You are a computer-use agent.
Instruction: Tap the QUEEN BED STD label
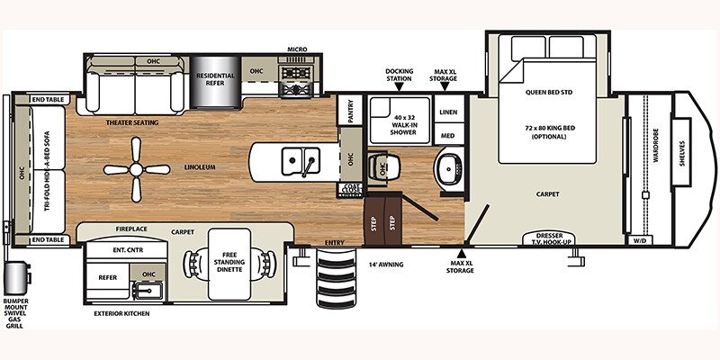[x=549, y=91]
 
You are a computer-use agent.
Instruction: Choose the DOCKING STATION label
[x=398, y=73]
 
